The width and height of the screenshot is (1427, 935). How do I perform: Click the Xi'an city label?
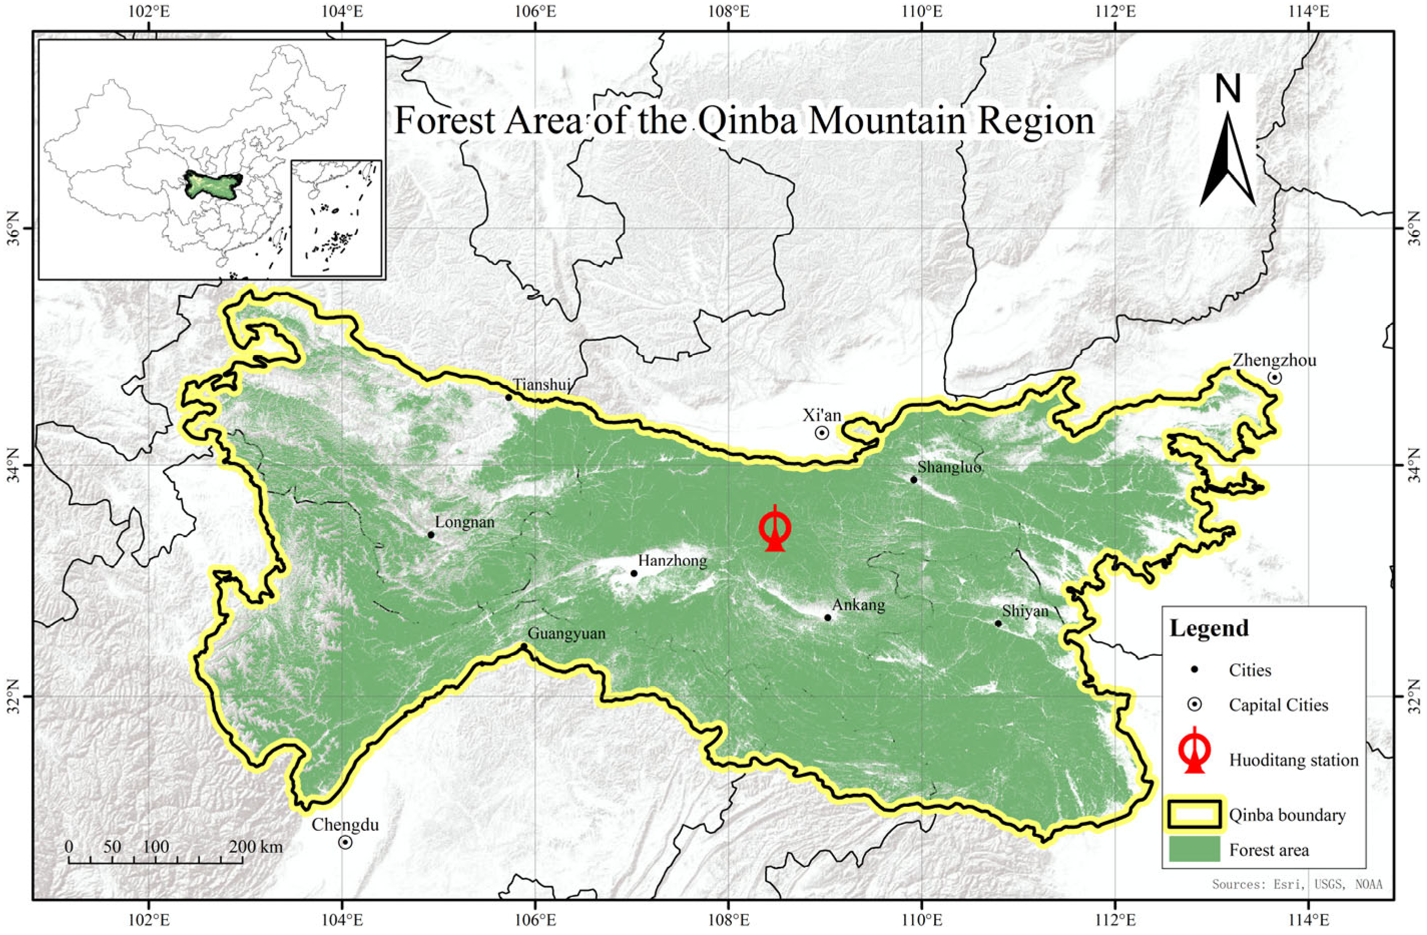pos(822,415)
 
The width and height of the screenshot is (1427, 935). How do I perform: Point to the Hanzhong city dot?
pos(634,573)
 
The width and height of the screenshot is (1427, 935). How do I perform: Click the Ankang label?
pos(859,605)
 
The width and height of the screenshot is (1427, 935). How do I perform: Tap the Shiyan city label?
pos(1025,611)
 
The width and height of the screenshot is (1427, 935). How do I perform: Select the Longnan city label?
pos(465,523)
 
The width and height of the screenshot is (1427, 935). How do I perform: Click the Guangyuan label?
pos(566,633)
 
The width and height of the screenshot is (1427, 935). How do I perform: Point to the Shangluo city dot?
pos(914,479)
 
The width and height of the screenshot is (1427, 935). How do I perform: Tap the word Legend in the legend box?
pos(1209,628)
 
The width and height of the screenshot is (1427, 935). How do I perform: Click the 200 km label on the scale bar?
pos(255,847)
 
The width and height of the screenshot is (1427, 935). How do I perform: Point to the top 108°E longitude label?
pos(728,11)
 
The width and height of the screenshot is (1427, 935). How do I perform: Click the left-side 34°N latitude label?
pos(12,465)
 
